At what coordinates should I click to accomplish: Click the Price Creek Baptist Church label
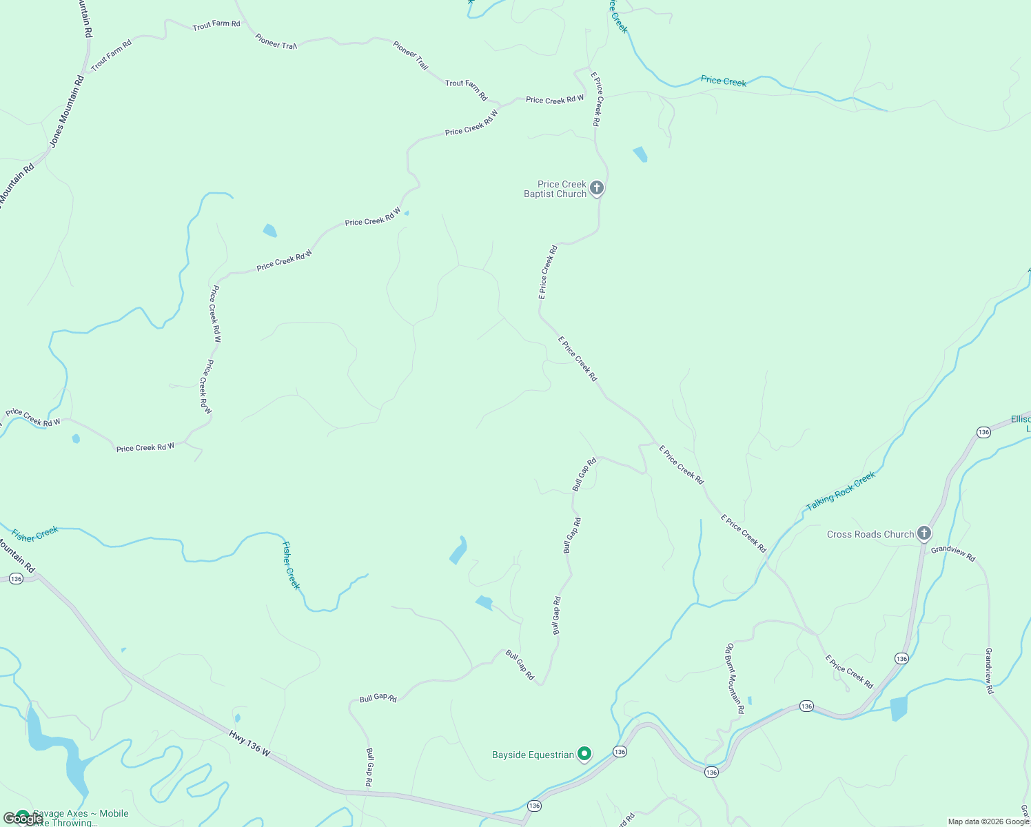tap(555, 189)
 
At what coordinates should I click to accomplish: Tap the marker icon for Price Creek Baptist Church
tap(597, 187)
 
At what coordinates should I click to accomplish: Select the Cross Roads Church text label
tap(870, 534)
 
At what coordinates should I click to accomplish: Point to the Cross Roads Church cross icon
tap(924, 533)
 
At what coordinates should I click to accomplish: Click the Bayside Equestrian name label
tap(533, 755)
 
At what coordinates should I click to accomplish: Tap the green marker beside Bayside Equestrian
tap(584, 754)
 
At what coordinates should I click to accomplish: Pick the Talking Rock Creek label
tap(840, 491)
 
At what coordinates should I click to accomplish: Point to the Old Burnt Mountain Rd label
tap(734, 678)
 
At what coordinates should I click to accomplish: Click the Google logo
tap(21, 818)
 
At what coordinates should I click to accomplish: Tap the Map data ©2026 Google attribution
tap(988, 821)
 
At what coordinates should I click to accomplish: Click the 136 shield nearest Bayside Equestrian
tap(620, 752)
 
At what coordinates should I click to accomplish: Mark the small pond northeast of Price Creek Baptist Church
tap(640, 154)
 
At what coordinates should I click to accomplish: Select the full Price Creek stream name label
tap(723, 81)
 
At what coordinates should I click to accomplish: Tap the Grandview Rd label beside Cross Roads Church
tap(953, 553)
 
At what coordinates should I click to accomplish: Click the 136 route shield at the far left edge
tap(16, 578)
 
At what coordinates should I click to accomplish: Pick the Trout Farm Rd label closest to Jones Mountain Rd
tap(111, 55)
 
